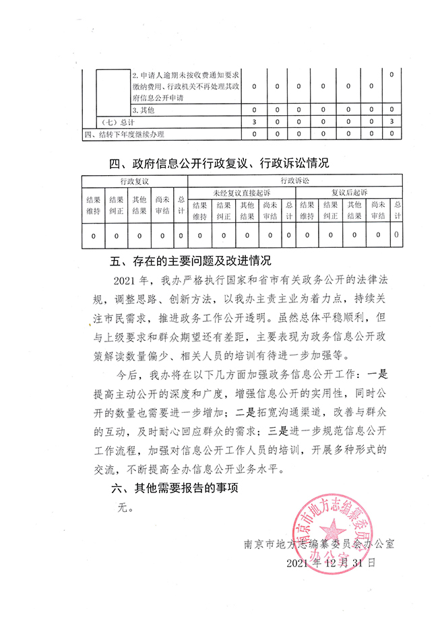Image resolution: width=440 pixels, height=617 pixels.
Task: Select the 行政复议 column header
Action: coord(134,181)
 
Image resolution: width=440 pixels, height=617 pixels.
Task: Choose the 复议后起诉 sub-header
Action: coord(348,192)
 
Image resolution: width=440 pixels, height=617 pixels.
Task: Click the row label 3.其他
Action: coord(144,110)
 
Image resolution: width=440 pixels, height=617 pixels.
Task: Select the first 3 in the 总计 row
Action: coord(253,122)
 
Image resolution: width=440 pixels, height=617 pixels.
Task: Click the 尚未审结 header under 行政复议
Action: coord(162,205)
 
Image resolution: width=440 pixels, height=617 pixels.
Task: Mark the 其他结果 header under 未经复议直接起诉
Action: coord(247,211)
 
